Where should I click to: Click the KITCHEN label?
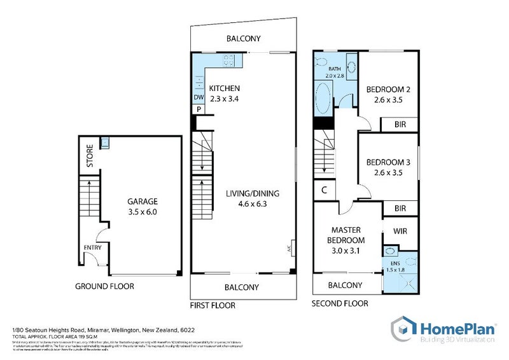[x=225, y=88]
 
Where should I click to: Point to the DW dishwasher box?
[x=199, y=97]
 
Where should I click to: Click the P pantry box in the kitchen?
[x=199, y=109]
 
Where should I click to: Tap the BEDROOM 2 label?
[x=388, y=89]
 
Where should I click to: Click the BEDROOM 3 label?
[x=388, y=162]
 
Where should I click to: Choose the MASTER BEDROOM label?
[x=346, y=235]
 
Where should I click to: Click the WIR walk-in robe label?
[x=400, y=230]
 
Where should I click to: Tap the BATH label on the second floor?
[x=334, y=69]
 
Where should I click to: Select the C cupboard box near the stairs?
[x=324, y=190]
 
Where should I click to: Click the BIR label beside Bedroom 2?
[x=400, y=123]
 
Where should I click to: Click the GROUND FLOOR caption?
[x=104, y=286]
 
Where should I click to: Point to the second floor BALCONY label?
[x=345, y=285]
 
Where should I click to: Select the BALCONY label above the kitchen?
[x=243, y=39]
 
